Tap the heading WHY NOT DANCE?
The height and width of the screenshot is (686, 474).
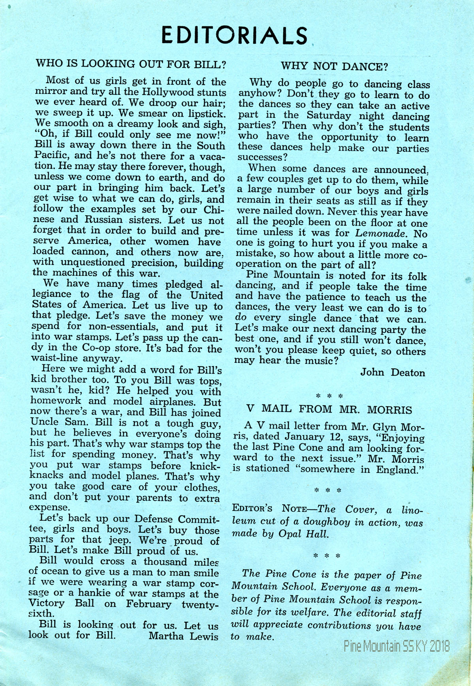[334, 66]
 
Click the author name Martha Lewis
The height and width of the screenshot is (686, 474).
[183, 636]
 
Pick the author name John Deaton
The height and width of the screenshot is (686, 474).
[393, 372]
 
